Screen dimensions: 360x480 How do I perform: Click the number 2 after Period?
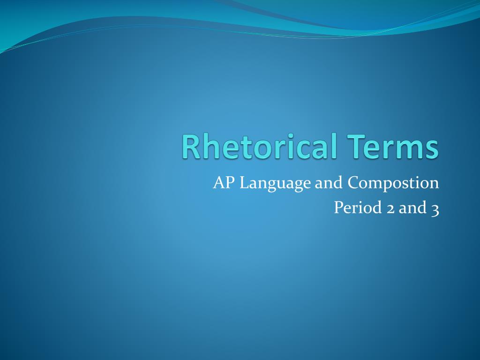(390, 208)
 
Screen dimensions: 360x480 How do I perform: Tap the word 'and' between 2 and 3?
(411, 207)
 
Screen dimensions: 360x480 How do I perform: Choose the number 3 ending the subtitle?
(435, 209)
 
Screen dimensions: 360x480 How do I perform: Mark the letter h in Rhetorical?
(207, 146)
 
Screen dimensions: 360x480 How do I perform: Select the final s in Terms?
(433, 149)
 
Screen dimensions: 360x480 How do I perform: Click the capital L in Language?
(243, 183)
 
